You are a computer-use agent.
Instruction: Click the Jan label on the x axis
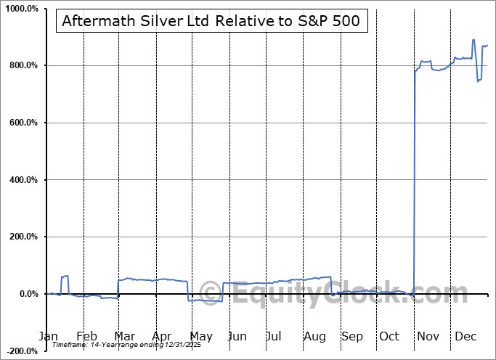pos(48,337)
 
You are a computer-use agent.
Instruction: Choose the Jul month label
pos(274,337)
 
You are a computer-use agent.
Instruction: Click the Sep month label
pos(351,337)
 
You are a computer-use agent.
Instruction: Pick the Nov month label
pos(428,337)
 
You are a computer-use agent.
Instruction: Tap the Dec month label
pos(465,337)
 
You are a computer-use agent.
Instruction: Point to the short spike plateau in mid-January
pos(65,277)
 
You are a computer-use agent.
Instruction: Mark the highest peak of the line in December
pos(473,40)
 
